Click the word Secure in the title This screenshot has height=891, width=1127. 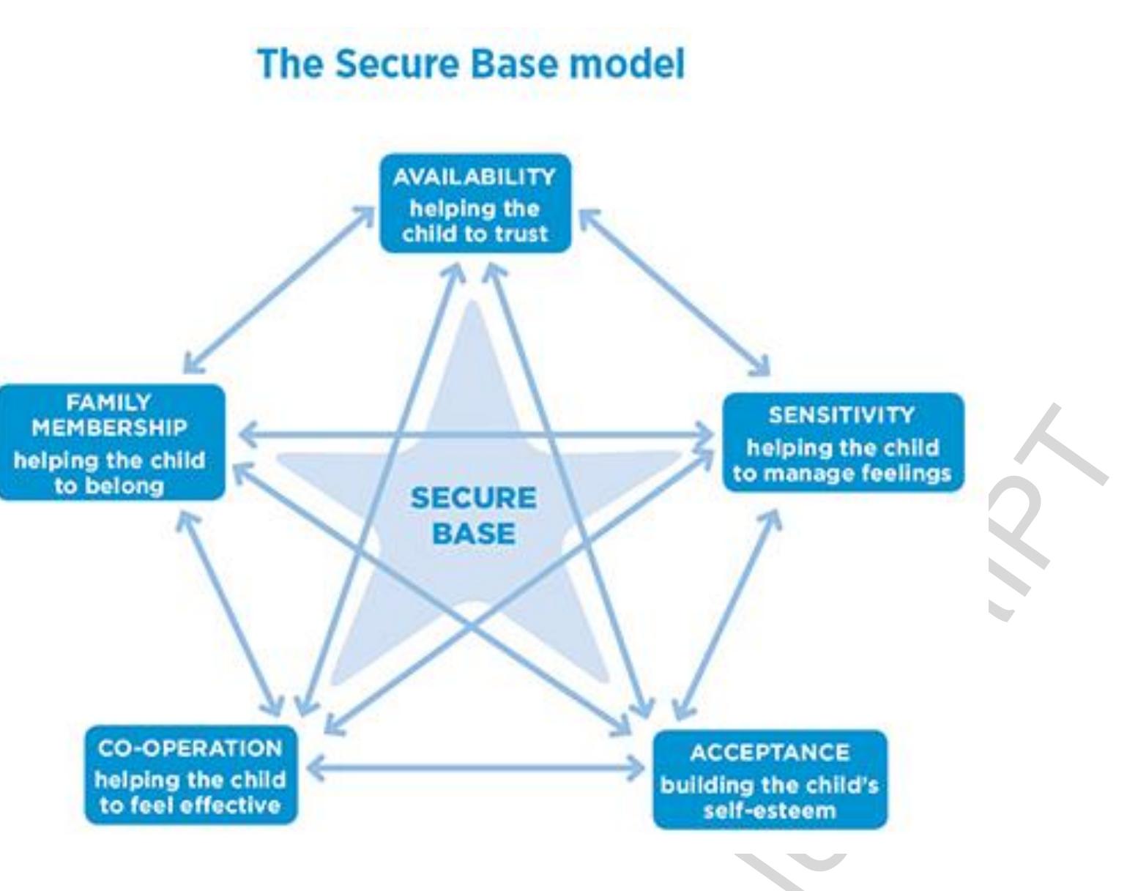pyautogui.click(x=398, y=64)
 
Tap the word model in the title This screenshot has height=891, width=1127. pyautogui.click(x=627, y=64)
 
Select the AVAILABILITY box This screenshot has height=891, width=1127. pyautogui.click(x=475, y=203)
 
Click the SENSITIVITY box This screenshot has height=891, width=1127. pyautogui.click(x=843, y=442)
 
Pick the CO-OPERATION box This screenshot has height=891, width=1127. pyautogui.click(x=190, y=775)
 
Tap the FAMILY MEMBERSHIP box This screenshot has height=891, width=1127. pyautogui.click(x=111, y=441)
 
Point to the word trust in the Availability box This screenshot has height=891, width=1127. pyautogui.click(x=521, y=234)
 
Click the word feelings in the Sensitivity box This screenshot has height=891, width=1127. pyautogui.click(x=906, y=474)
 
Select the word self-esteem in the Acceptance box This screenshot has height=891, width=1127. pyautogui.click(x=770, y=811)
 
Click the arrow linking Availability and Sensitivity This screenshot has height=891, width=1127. pyautogui.click(x=674, y=291)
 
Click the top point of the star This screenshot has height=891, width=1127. pyautogui.click(x=473, y=302)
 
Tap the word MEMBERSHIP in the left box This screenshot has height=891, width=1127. pyautogui.click(x=109, y=428)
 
